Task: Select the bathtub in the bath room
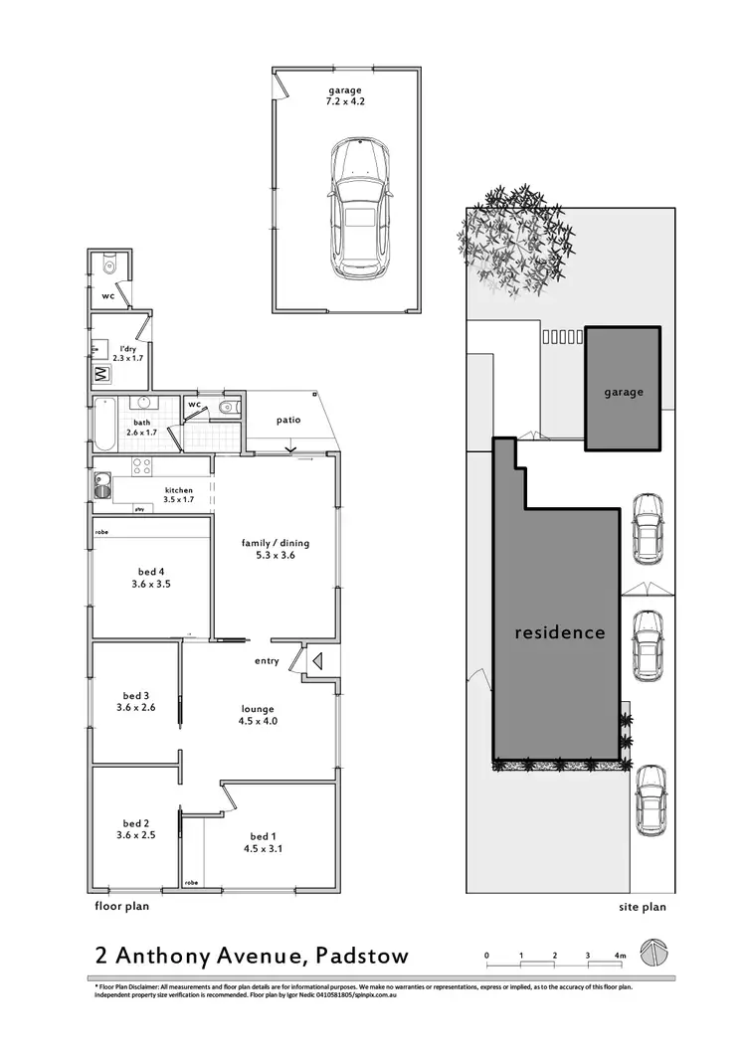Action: (103, 429)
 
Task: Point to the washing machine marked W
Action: (101, 375)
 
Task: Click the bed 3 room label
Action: (135, 701)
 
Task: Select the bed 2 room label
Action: (135, 829)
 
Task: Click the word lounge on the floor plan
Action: (257, 709)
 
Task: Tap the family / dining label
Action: (276, 543)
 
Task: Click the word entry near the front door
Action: (267, 661)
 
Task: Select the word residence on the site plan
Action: (559, 632)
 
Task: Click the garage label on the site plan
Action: (624, 392)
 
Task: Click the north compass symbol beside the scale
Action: (652, 951)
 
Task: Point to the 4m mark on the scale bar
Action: (621, 956)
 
